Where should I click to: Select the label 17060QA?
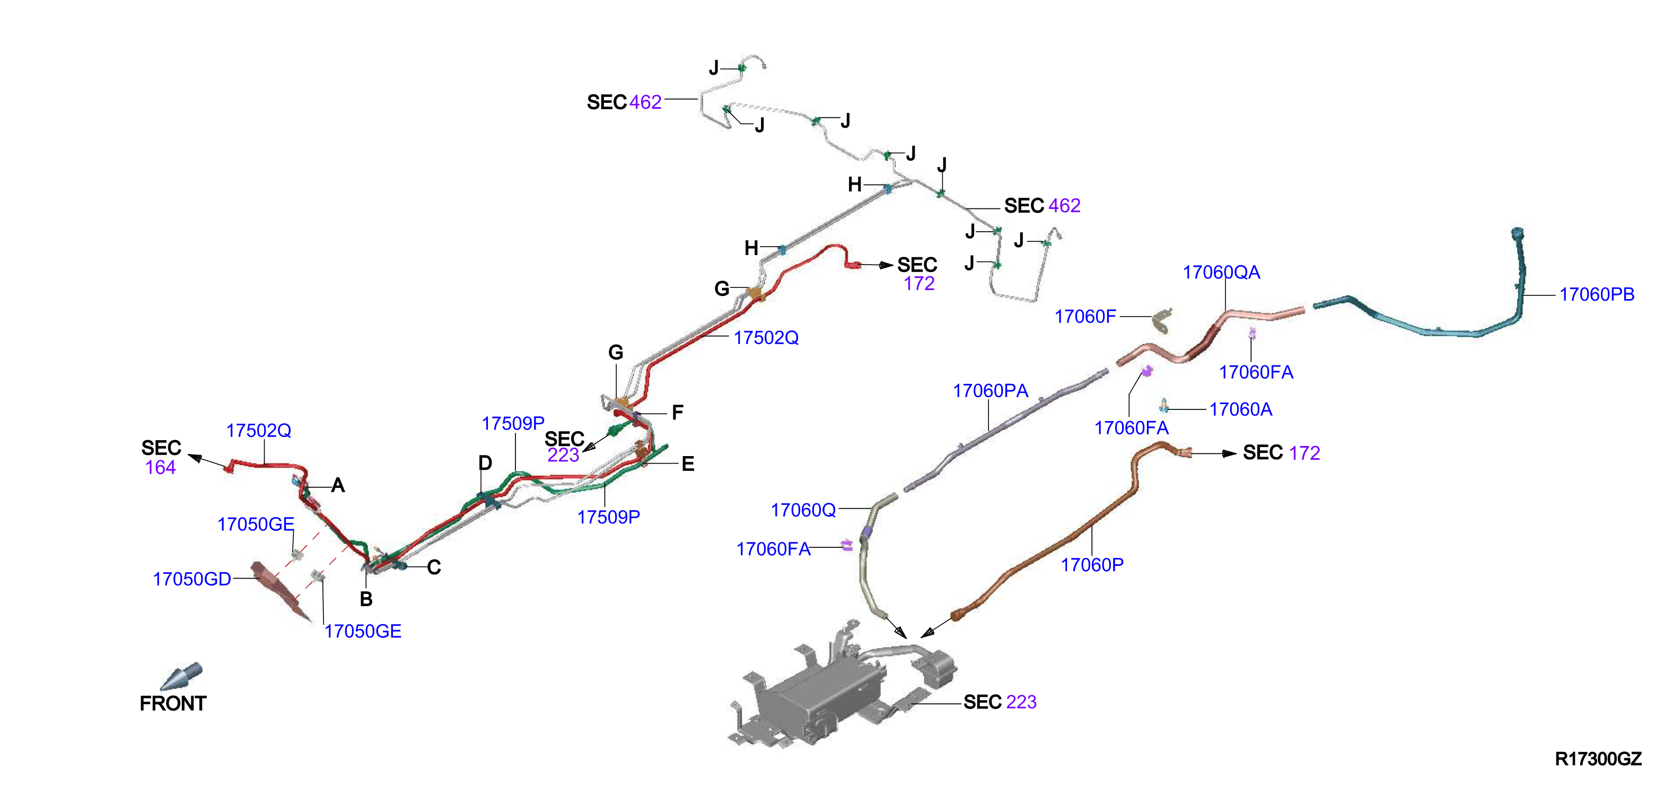point(1221,273)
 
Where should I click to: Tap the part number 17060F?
point(1085,317)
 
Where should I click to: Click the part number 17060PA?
point(991,391)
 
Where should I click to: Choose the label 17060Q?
point(803,510)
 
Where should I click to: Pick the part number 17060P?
point(1092,565)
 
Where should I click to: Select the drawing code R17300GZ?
point(1598,758)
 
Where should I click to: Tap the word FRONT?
point(173,704)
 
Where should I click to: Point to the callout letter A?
point(338,486)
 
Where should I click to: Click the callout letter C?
point(434,567)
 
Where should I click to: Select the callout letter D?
point(485,463)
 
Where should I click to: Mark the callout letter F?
point(677,413)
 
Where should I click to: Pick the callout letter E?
point(688,464)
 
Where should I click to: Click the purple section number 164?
point(161,468)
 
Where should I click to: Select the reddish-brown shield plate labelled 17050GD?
point(279,590)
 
